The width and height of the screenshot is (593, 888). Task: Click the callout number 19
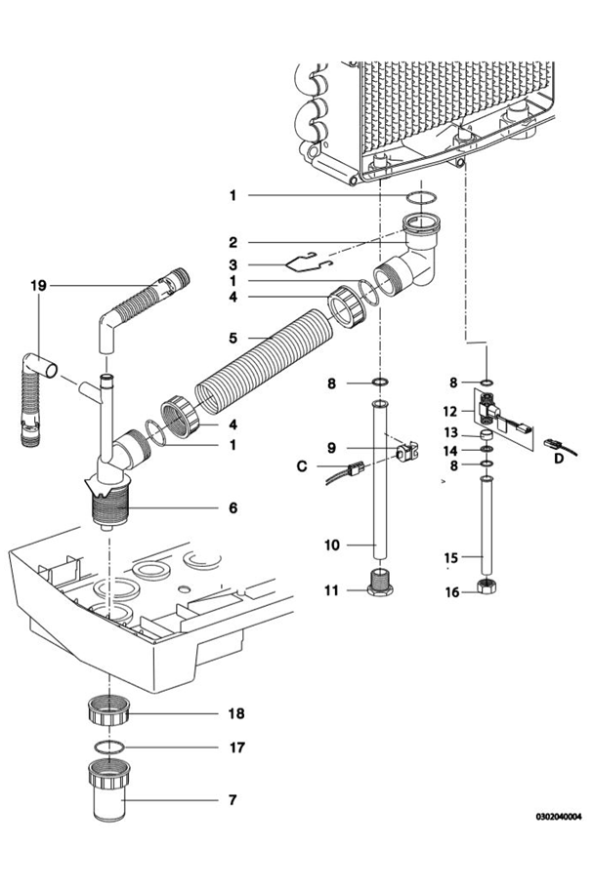tap(38, 286)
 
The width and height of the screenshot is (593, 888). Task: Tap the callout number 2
tap(233, 241)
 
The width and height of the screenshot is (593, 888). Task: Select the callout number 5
tap(233, 339)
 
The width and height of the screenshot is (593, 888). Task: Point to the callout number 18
tap(235, 713)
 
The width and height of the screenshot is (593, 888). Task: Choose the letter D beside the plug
tap(557, 456)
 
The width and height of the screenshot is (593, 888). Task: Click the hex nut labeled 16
tap(484, 588)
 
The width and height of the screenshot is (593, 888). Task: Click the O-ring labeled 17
tap(112, 747)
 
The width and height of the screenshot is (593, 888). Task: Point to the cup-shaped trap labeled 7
tap(112, 798)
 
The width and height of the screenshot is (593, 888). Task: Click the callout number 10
tap(332, 545)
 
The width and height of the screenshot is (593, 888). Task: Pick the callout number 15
tap(451, 558)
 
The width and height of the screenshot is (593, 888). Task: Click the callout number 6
tap(233, 507)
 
